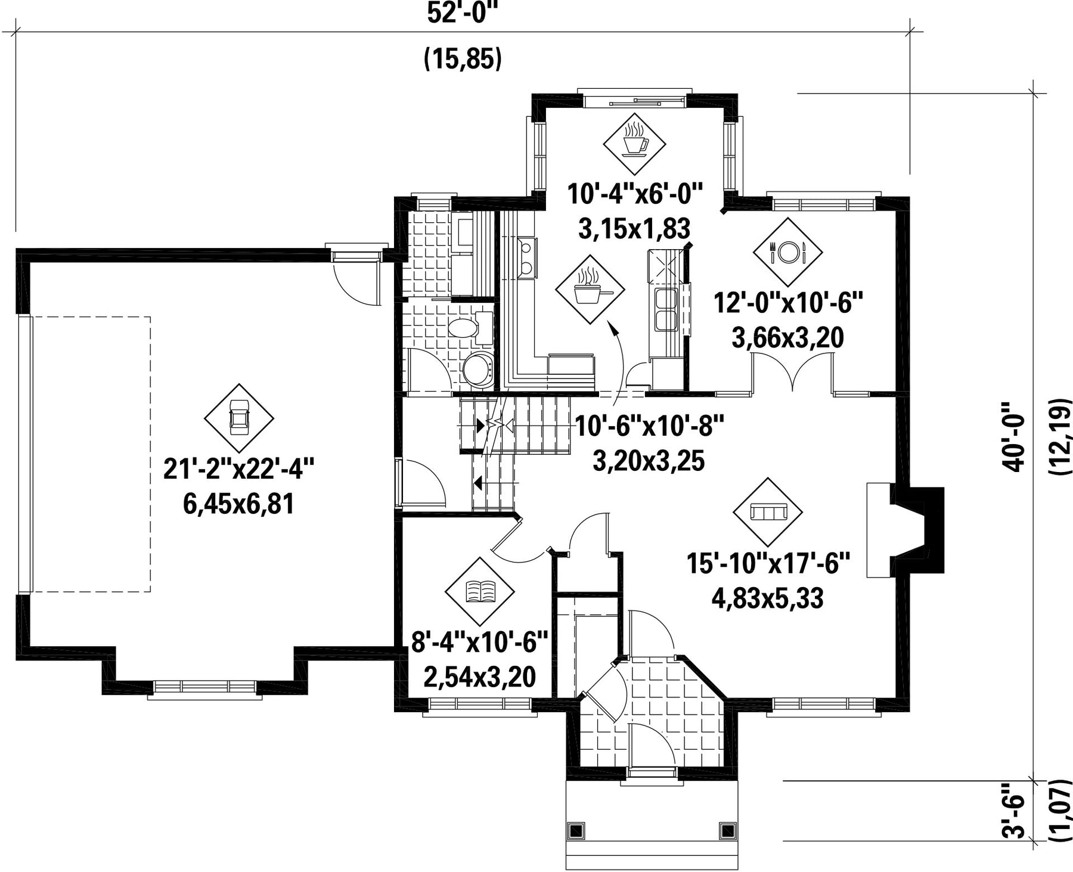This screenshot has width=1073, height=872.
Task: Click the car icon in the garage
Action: click(239, 417)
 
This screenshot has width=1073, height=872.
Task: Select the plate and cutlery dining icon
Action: click(787, 250)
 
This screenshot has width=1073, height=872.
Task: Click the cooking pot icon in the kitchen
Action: click(591, 290)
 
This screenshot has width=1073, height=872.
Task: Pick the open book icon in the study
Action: click(480, 591)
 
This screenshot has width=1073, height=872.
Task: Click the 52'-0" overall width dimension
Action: click(463, 14)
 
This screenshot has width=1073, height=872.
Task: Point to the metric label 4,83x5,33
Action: click(768, 598)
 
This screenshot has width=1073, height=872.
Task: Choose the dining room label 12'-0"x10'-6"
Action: click(789, 303)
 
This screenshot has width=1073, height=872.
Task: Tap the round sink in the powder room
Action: click(478, 370)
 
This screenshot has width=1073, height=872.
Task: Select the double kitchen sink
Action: click(666, 308)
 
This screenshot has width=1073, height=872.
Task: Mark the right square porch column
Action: click(728, 830)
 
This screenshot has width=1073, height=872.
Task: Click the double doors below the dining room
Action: click(792, 371)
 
